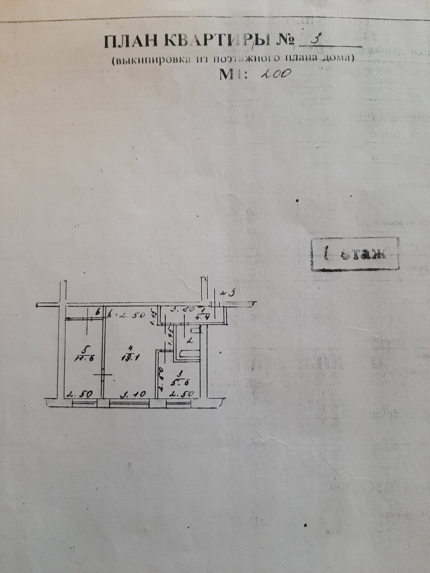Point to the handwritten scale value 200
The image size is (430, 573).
pos(275,74)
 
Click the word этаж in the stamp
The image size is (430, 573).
pos(363,253)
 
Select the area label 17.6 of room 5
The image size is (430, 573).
pos(84,359)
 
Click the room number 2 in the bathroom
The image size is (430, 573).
pos(190,341)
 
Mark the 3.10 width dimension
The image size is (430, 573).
pos(132,394)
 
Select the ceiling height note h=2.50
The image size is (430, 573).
pos(126,316)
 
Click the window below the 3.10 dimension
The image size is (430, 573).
pos(129,404)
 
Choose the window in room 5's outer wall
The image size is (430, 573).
pos(84,404)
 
